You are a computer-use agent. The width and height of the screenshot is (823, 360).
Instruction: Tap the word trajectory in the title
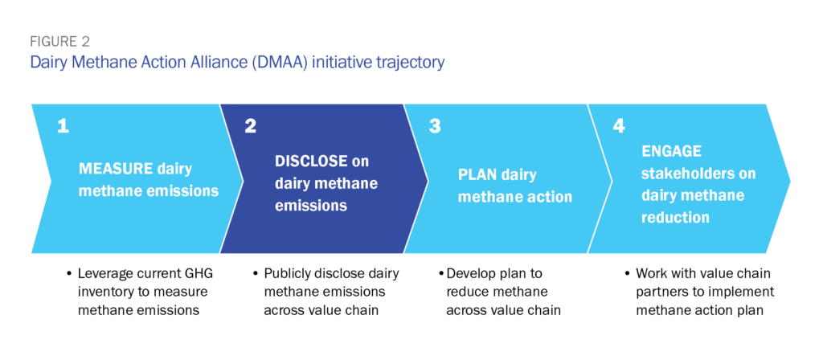pyautogui.click(x=409, y=62)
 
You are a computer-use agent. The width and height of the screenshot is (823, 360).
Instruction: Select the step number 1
pyautogui.click(x=62, y=126)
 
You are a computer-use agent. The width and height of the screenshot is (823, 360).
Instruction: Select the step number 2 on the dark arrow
pyautogui.click(x=250, y=126)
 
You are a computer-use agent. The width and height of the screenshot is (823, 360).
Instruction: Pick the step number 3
pyautogui.click(x=435, y=126)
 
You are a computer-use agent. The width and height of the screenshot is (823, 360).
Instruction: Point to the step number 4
pyautogui.click(x=619, y=126)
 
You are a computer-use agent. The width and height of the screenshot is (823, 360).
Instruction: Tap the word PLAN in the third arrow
pyautogui.click(x=477, y=174)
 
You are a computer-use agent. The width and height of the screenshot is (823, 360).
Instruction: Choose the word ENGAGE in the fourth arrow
pyautogui.click(x=671, y=151)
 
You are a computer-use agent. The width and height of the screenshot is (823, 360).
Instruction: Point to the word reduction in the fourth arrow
pyautogui.click(x=675, y=218)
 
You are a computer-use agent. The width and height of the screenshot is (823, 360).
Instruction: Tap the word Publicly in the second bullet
pyautogui.click(x=288, y=274)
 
